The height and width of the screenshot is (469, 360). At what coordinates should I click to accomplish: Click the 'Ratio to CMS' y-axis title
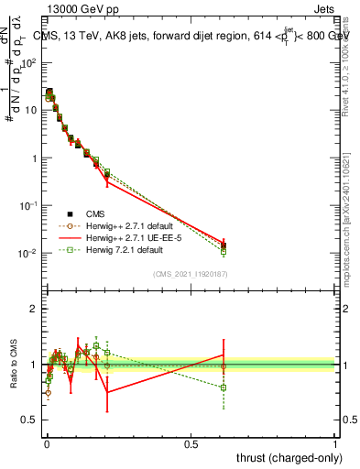pyautogui.click(x=12, y=365)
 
